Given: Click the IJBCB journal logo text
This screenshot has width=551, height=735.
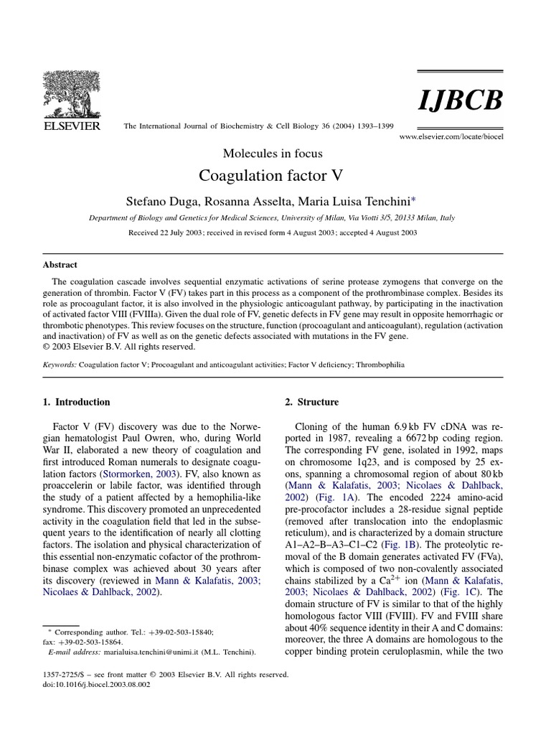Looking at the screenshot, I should click(459, 101).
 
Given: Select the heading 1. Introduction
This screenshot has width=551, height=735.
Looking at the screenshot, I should click(77, 402).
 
